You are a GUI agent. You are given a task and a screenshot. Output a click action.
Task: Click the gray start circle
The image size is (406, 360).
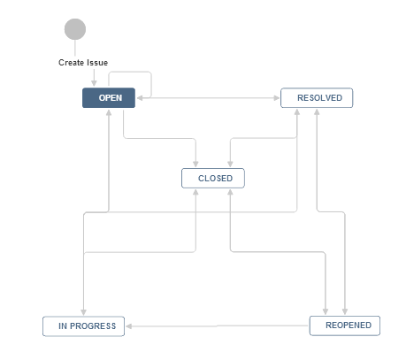point(75,29)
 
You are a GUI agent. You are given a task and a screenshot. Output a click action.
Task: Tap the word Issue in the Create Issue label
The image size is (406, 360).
point(97,63)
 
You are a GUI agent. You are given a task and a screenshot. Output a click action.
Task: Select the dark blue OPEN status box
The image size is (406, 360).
point(109,98)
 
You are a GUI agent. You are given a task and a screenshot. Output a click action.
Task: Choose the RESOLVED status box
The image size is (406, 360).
point(317,98)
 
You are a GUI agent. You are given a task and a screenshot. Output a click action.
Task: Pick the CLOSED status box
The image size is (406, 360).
point(213,178)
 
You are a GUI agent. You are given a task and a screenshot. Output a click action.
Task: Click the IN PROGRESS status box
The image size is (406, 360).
point(83,326)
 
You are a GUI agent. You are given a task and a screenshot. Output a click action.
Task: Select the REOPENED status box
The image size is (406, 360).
point(345,326)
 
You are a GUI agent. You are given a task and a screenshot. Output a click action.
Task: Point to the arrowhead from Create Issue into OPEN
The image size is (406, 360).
point(94,83)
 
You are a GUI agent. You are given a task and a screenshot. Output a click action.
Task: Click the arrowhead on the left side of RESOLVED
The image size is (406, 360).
point(277,98)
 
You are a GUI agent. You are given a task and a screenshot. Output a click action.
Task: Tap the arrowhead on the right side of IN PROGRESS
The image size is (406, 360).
point(129,326)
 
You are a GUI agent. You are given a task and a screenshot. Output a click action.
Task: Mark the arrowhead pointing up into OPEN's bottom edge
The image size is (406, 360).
point(109,112)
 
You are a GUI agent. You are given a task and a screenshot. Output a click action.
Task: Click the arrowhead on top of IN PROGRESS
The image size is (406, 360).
point(83,312)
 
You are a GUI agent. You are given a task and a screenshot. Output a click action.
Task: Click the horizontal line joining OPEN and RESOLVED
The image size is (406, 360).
point(208,98)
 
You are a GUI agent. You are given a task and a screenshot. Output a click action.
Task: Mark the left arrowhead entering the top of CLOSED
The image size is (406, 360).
point(195,164)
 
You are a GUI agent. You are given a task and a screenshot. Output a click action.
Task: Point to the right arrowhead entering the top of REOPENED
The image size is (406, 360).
point(345,311)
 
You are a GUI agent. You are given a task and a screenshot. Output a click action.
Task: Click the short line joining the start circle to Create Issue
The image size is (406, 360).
point(75,48)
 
